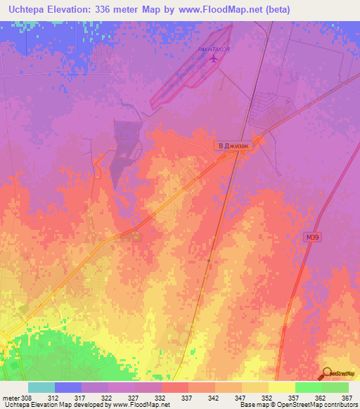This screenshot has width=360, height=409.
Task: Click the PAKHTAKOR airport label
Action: [214, 49]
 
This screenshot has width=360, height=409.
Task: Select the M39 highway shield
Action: [312, 238]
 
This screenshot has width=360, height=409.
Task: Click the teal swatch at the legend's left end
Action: [41, 387]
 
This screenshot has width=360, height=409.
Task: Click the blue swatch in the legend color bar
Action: [67, 387]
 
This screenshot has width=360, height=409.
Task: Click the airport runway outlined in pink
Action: [190, 67]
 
